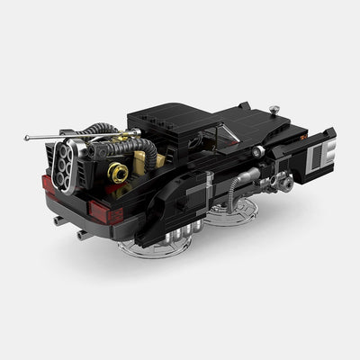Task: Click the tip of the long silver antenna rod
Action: click(28, 139)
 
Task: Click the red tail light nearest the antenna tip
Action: click(48, 184)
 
